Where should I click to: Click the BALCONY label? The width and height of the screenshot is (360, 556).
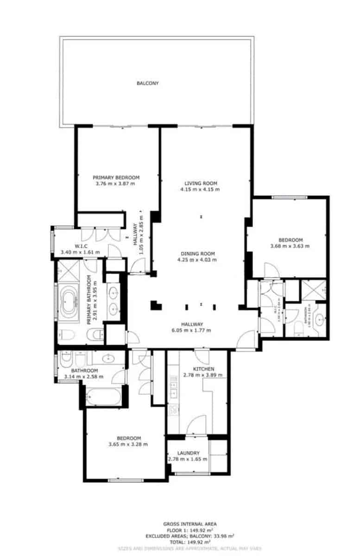[x=147, y=83]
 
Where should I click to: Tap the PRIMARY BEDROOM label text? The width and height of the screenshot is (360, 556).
[x=116, y=177]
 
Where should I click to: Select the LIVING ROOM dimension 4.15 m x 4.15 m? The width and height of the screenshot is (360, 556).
[x=200, y=190]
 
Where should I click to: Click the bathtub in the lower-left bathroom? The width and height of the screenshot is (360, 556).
[x=103, y=396]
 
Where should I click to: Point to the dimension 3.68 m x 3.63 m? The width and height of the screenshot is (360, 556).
[x=290, y=246]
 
